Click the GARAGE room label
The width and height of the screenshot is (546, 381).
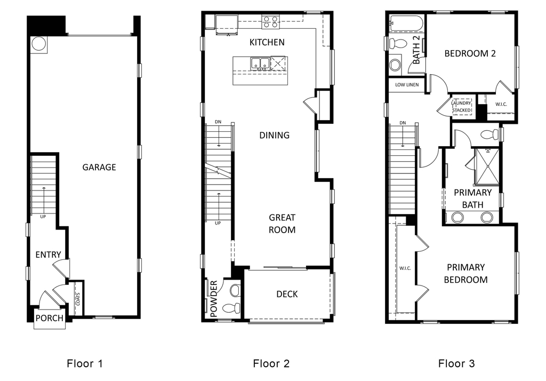(99, 167)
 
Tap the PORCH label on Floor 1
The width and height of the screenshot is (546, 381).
(49, 318)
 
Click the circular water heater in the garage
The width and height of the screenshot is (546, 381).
(39, 44)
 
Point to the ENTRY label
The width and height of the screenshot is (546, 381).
(48, 255)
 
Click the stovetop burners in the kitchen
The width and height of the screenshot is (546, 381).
(270, 22)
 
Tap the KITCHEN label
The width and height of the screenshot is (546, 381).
(267, 42)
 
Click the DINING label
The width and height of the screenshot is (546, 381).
(274, 135)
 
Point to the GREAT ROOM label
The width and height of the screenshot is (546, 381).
(282, 224)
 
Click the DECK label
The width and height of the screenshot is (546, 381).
(287, 294)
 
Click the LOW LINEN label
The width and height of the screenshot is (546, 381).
(406, 85)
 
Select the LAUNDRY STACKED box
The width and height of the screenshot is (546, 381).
(462, 107)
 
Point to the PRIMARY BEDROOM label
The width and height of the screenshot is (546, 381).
(466, 273)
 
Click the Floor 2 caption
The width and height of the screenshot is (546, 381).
(271, 364)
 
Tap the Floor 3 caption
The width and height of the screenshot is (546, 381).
(456, 364)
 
